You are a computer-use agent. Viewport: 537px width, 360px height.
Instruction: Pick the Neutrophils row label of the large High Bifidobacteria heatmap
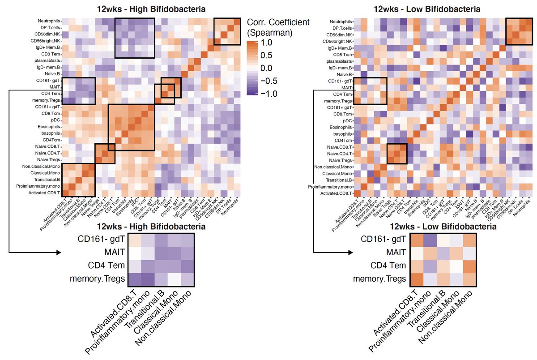pyautogui.click(x=49, y=21)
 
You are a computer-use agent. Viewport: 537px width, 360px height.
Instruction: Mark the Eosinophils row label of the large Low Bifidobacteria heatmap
pyautogui.click(x=341, y=127)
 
